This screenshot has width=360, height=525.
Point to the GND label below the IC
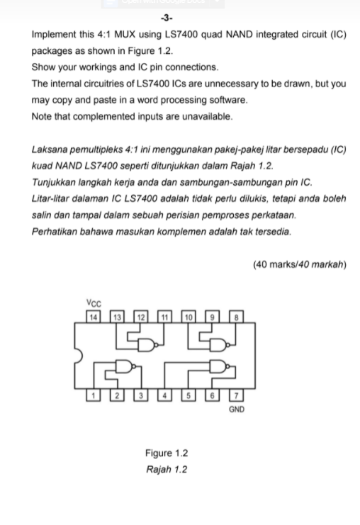point(237,410)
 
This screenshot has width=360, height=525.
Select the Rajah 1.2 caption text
point(167,469)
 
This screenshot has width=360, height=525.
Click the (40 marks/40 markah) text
point(299,265)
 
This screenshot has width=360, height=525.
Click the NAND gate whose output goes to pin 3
point(125,368)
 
